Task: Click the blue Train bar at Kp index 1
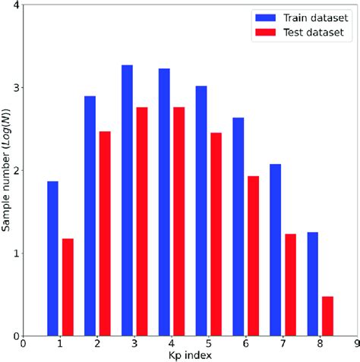[52, 259]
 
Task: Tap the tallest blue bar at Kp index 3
[127, 200]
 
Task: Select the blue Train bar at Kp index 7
[275, 250]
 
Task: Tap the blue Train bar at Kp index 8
[312, 284]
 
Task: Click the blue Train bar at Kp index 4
[164, 202]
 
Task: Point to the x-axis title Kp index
[190, 355]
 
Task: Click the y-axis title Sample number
[7, 171]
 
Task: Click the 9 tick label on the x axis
[355, 345]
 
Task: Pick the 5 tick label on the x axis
[208, 345]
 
